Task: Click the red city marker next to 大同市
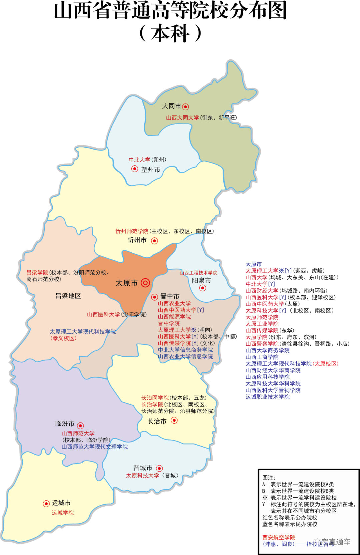pos(186,107)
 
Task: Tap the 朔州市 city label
pos(151,170)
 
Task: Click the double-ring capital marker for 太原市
pos(145,283)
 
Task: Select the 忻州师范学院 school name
pos(132,231)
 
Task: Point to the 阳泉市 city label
pos(201,281)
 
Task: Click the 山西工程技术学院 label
pos(198,273)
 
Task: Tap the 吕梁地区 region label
pos(68,296)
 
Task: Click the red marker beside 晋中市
pos(155,297)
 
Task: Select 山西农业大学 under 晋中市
pos(174,303)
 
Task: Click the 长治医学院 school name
pos(155,398)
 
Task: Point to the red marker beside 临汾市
pos(80,426)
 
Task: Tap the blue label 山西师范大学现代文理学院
pos(94,447)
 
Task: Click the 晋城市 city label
pos(143,468)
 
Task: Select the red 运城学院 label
pos(63,513)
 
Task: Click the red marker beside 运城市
pos(46,504)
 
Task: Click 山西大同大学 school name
pos(182,118)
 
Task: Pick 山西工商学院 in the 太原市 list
pos(262,357)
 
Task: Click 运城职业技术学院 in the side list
pos(267,397)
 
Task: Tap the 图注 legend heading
pos(269,478)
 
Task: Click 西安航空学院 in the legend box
pos(279,537)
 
